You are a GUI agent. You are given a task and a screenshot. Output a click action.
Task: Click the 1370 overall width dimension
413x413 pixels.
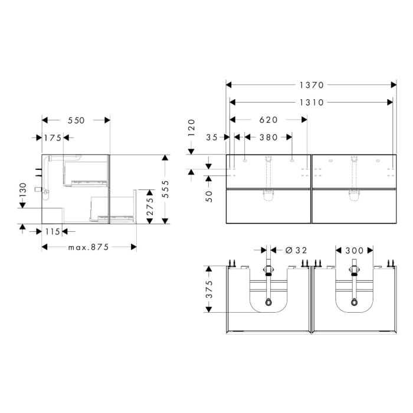tap(310, 85)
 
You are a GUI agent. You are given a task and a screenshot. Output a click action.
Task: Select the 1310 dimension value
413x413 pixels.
tap(310, 102)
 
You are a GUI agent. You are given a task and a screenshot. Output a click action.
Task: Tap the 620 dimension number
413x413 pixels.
tap(268, 120)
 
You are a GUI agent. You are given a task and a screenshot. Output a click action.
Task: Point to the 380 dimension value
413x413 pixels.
tap(268, 137)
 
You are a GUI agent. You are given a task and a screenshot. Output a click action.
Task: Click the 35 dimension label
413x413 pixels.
tap(212, 137)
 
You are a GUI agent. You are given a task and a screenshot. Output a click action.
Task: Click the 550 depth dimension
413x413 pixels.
tap(76, 120)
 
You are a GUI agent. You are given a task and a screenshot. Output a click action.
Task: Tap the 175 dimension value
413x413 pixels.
tap(53, 138)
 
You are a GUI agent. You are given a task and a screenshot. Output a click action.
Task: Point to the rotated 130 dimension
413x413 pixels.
tap(22, 192)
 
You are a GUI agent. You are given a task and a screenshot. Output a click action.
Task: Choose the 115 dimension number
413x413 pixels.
tap(53, 231)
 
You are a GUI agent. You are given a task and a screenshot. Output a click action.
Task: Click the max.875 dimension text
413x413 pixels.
tap(88, 247)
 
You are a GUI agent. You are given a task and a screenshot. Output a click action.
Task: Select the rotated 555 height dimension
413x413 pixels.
tap(166, 189)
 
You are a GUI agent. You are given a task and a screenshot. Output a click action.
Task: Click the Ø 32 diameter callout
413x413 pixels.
tap(297, 250)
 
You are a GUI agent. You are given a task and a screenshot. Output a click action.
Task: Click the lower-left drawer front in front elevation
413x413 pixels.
tap(268, 206)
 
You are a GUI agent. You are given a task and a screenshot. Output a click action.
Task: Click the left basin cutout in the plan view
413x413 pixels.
tap(268, 295)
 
